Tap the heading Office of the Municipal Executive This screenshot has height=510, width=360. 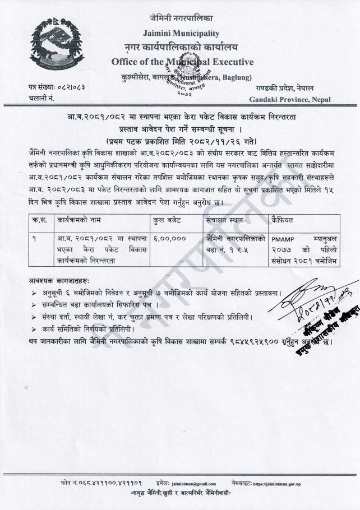pos(182,61)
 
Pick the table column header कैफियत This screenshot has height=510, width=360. pos(280,221)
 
